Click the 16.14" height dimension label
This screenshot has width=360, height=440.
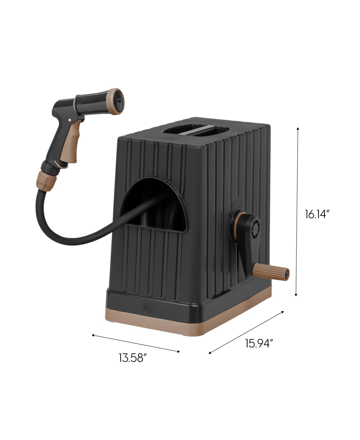[317, 214]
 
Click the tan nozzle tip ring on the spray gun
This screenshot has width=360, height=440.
[115, 101]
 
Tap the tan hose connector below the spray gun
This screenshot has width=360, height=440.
[44, 180]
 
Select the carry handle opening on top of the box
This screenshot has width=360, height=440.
[196, 130]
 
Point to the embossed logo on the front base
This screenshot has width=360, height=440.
[148, 308]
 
